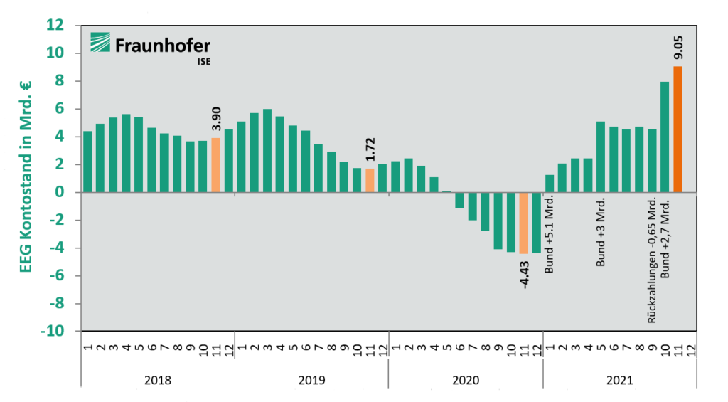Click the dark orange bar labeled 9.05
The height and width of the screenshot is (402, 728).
(x=678, y=129)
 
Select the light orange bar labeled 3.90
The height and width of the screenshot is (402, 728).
(x=215, y=165)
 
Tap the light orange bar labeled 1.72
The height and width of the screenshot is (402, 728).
(x=370, y=180)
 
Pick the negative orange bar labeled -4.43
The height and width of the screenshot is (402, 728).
(x=524, y=223)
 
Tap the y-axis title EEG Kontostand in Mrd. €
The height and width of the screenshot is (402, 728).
(x=26, y=178)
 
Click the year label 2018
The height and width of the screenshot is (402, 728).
(x=157, y=381)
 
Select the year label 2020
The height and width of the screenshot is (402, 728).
(x=465, y=381)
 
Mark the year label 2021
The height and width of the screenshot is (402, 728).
(x=619, y=381)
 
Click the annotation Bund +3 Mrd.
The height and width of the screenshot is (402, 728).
(x=601, y=233)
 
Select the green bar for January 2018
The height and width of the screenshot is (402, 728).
(x=87, y=162)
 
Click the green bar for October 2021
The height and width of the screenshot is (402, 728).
(x=665, y=137)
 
